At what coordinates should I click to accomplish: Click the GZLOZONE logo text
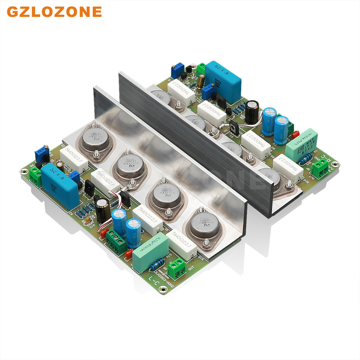[x=54, y=12]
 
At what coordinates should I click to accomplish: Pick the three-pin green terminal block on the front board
[x=116, y=242]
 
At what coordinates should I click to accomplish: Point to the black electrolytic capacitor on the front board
[x=103, y=210]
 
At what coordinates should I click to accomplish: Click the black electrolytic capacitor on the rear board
[x=252, y=112]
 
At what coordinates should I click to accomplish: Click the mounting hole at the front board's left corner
[x=24, y=172]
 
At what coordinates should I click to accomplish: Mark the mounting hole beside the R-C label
[x=335, y=164]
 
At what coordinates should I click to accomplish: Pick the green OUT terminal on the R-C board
[x=320, y=169]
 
